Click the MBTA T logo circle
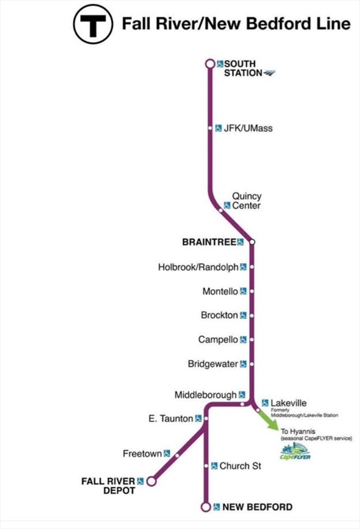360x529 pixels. point(93,24)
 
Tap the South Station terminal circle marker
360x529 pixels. point(210,63)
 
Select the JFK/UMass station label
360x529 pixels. point(248,128)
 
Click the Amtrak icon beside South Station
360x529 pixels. point(270,72)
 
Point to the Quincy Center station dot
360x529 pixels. point(220,210)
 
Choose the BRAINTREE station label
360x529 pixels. point(209,242)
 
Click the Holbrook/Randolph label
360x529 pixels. point(198,267)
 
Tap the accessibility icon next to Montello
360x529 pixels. point(244,291)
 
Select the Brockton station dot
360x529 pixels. point(252,315)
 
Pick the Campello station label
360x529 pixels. point(218,340)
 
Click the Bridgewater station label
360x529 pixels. point(213,364)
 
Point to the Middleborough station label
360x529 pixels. point(206,395)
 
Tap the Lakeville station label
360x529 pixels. point(288,403)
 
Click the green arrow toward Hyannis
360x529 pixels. point(268,420)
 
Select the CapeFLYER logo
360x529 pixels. point(295,452)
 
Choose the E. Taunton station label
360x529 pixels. point(171,419)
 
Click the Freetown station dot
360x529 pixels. point(178,455)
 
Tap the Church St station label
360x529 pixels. point(240,466)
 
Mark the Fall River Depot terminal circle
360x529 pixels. point(151,481)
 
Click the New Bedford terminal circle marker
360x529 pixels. point(206,507)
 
